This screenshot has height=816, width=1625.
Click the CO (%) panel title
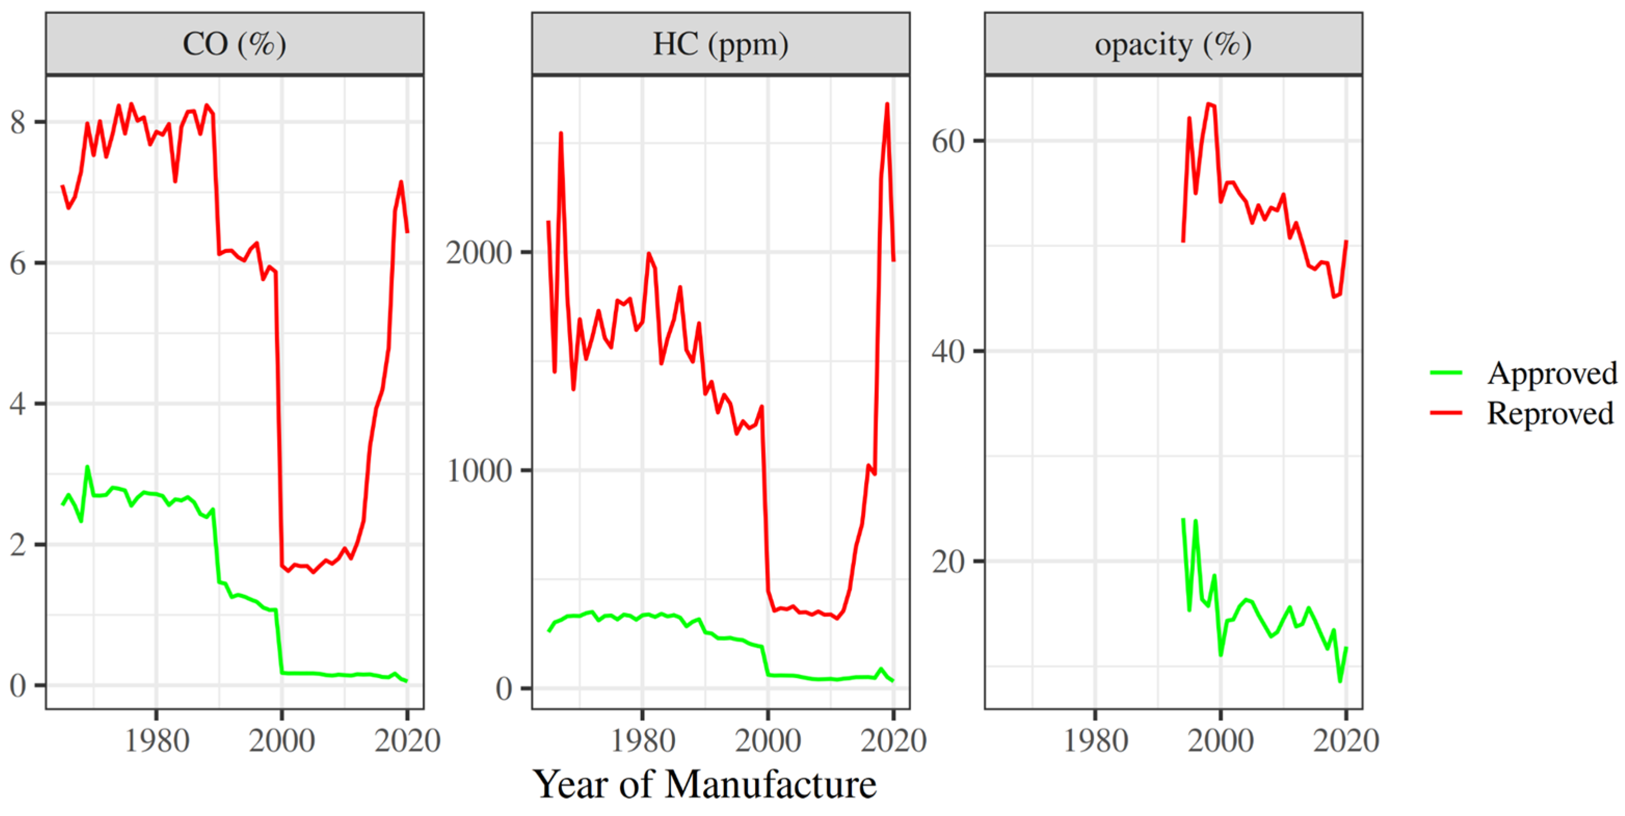[234, 44]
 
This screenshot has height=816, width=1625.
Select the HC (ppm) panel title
[720, 44]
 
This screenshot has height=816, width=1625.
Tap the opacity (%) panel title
[1173, 44]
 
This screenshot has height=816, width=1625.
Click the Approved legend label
[1552, 373]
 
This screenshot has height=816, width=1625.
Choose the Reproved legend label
[1550, 413]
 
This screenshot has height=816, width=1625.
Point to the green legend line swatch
[1446, 373]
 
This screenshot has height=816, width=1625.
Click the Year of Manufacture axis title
[705, 784]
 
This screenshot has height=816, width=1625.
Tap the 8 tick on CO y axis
[18, 122]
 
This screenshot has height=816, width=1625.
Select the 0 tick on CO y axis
[18, 685]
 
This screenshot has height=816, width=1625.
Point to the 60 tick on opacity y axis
[949, 141]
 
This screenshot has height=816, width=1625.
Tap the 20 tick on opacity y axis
[949, 561]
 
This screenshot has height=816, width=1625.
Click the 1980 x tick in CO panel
[156, 740]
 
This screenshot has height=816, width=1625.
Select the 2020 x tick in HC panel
[893, 740]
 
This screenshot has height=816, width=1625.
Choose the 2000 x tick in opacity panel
[1220, 740]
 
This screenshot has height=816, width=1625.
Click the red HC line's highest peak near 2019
[887, 104]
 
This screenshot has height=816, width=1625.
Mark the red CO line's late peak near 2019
[400, 182]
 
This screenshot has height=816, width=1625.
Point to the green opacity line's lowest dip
[1340, 681]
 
